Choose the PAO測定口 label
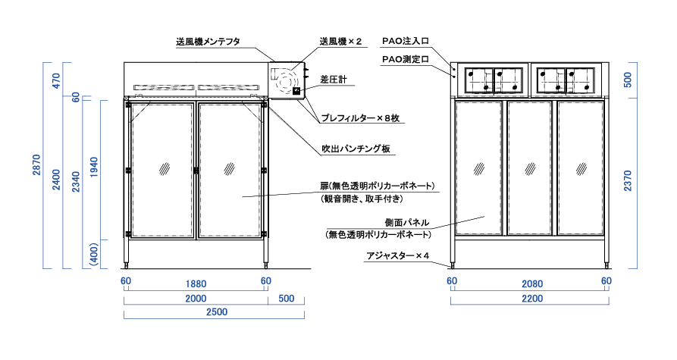tap(406, 58)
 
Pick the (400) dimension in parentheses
tap(94, 255)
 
